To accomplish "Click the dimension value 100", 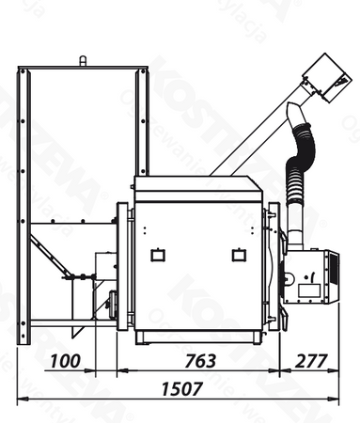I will pyautogui.click(x=65, y=360).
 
